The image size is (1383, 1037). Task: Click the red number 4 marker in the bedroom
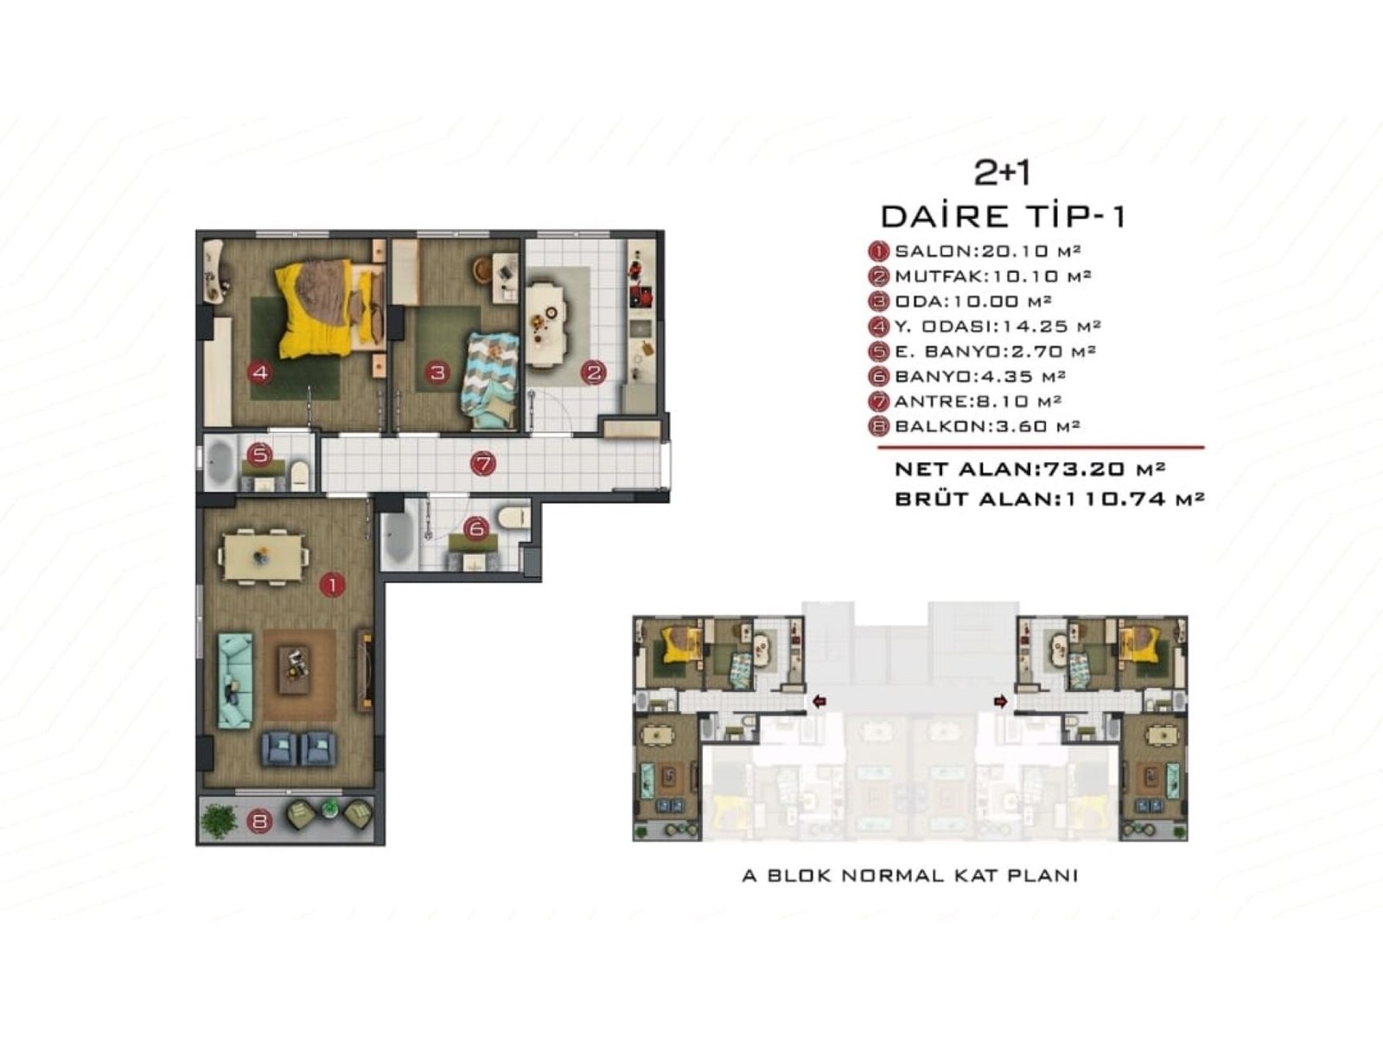[259, 372]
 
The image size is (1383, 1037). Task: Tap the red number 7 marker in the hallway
[483, 464]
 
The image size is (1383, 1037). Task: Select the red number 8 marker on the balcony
[259, 820]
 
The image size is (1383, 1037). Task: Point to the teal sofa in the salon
[236, 681]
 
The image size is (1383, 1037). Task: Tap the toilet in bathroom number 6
[513, 517]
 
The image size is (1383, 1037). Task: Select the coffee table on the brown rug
[294, 671]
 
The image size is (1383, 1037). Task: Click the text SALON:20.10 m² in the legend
[987, 251]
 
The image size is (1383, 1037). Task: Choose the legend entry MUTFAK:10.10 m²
[992, 277]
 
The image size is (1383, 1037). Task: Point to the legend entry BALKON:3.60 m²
[987, 426]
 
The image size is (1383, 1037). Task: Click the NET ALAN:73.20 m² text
[1029, 468]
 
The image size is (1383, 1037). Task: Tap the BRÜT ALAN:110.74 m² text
[1049, 499]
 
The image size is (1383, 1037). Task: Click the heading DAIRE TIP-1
[1003, 216]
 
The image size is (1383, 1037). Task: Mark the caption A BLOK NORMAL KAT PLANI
[910, 875]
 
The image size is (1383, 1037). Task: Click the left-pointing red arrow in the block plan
[819, 702]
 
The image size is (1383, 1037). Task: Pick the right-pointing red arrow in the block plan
[1001, 702]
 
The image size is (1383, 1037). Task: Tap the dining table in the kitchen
[545, 324]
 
